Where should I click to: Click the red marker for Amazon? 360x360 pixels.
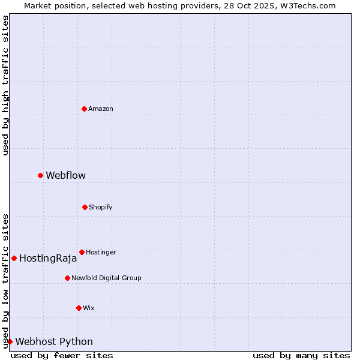[84, 109]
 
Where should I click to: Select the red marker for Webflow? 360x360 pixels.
[40, 175]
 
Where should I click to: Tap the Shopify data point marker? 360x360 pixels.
[85, 207]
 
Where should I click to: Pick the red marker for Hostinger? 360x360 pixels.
[82, 252]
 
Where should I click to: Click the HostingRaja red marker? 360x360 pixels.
[14, 258]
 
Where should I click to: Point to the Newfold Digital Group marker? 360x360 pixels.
[67, 278]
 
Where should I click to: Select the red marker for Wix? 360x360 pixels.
[79, 308]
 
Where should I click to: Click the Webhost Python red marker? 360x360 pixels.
[10, 341]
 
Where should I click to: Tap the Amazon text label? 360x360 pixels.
[101, 109]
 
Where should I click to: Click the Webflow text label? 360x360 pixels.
[65, 175]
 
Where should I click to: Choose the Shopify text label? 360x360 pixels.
[100, 207]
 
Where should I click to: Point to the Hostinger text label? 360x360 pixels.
[101, 252]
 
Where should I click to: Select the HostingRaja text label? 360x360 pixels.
[48, 259]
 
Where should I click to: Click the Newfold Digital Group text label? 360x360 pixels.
[106, 278]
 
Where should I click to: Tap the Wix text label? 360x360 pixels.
[89, 308]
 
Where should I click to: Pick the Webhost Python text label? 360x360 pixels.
[54, 341]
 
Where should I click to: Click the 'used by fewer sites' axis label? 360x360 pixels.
[62, 355]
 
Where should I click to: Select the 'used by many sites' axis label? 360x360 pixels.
[301, 355]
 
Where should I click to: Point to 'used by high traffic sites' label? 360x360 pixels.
[5, 86]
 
